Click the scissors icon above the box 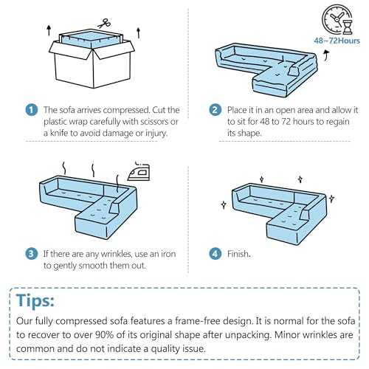click(x=104, y=24)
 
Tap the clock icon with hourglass click(x=337, y=19)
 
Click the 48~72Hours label click(x=337, y=41)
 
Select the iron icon click(x=139, y=171)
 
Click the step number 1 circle click(x=32, y=110)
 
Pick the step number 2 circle click(x=215, y=110)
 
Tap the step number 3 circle click(x=32, y=254)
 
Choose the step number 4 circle click(x=215, y=254)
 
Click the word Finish click(x=238, y=254)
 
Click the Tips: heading click(x=35, y=300)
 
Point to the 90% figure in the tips click(x=104, y=335)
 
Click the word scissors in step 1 click(x=151, y=122)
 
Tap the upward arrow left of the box click(x=49, y=30)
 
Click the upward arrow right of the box click(x=139, y=32)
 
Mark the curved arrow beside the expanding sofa click(x=326, y=55)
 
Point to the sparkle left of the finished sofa click(x=224, y=204)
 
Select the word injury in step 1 click(x=156, y=134)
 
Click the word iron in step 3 click(x=168, y=254)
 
